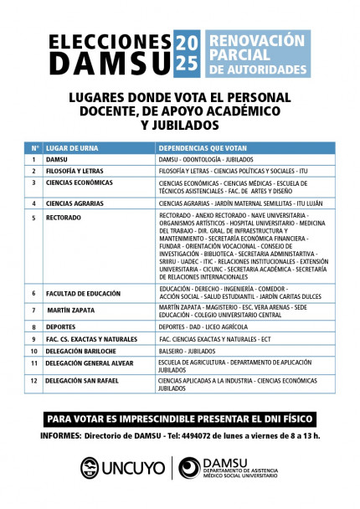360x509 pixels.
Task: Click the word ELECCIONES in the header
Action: tap(109, 43)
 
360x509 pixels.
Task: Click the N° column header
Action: tap(34, 146)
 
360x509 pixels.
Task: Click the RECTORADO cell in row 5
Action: tap(64, 218)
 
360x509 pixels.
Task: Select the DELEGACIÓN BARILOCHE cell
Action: tap(82, 350)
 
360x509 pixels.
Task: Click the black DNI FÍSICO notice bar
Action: tap(179, 419)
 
